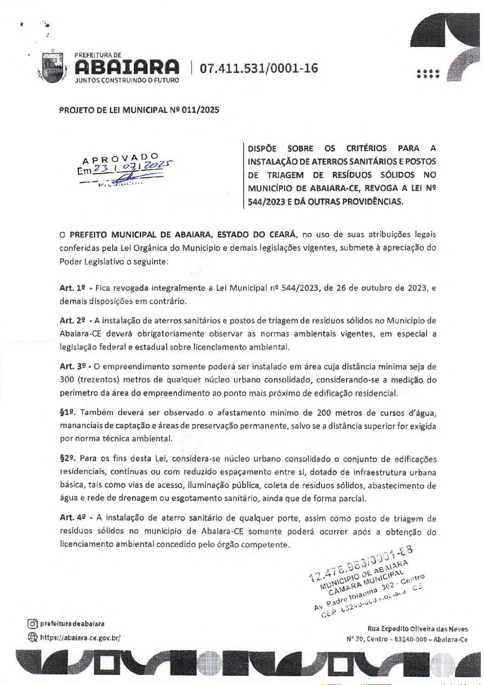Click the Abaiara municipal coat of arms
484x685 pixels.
pyautogui.click(x=52, y=68)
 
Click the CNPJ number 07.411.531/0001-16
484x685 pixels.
pyautogui.click(x=259, y=68)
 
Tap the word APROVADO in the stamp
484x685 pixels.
pyautogui.click(x=120, y=159)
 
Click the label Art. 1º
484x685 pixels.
pyautogui.click(x=73, y=288)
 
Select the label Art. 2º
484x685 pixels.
pyautogui.click(x=73, y=321)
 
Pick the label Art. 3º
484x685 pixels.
pyautogui.click(x=73, y=367)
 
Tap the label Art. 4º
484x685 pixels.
pyautogui.click(x=73, y=518)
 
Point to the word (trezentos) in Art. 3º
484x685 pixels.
pyautogui.click(x=97, y=380)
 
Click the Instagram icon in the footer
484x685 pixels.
pyautogui.click(x=32, y=624)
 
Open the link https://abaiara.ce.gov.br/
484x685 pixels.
pyautogui.click(x=80, y=638)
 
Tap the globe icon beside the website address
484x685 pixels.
pyautogui.click(x=32, y=638)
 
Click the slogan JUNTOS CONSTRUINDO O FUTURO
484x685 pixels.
pyautogui.click(x=127, y=80)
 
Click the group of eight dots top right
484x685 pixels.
pyautogui.click(x=428, y=74)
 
